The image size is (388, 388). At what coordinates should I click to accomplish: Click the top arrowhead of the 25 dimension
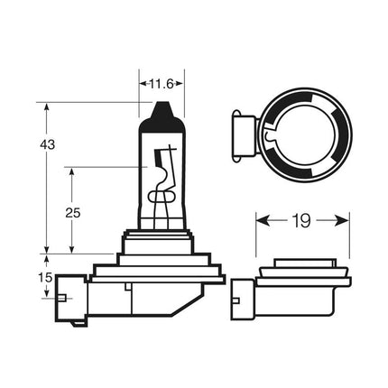[72, 168]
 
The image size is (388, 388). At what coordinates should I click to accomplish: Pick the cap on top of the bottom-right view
[302, 259]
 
